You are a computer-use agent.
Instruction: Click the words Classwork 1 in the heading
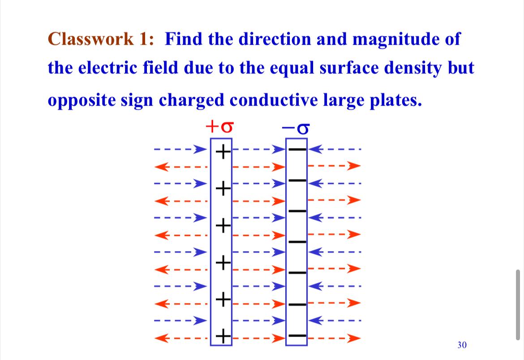[101, 39]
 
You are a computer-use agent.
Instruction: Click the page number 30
[462, 345]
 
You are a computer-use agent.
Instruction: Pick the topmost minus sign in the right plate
[297, 150]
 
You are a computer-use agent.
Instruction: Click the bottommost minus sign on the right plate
[297, 335]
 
